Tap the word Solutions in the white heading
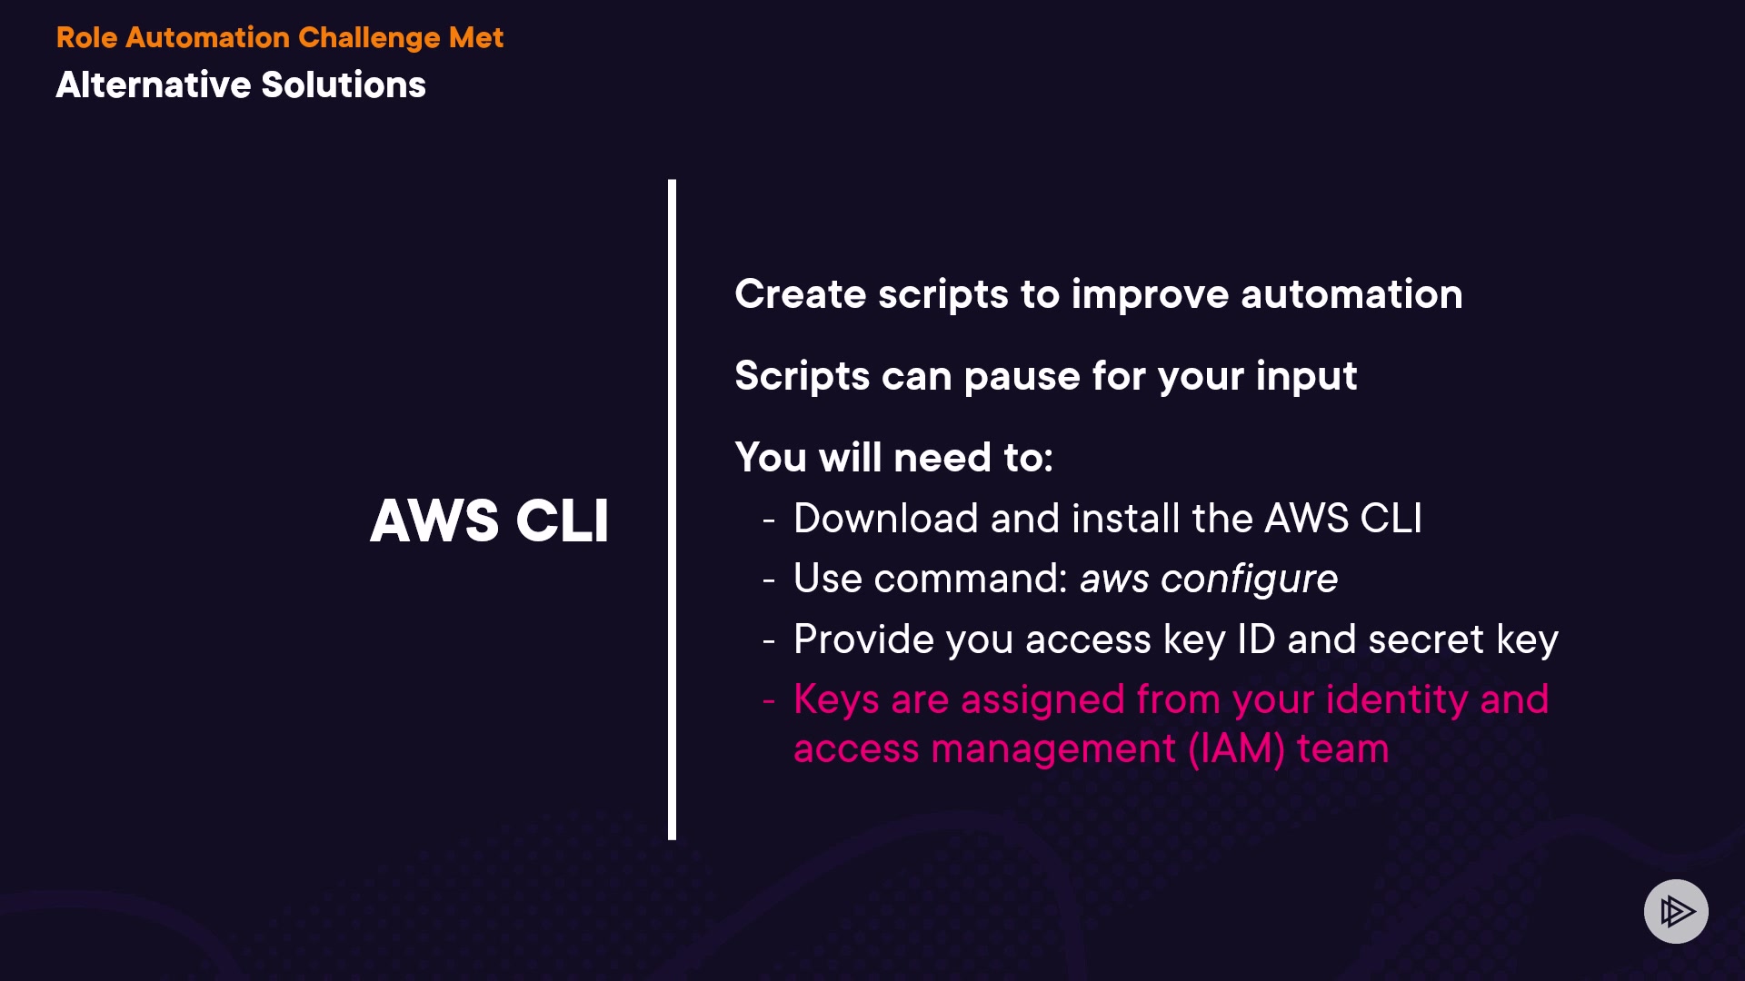343,85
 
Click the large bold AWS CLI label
489,521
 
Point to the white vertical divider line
672,509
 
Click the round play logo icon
1676,911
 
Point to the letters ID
1255,639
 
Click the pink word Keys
836,700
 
